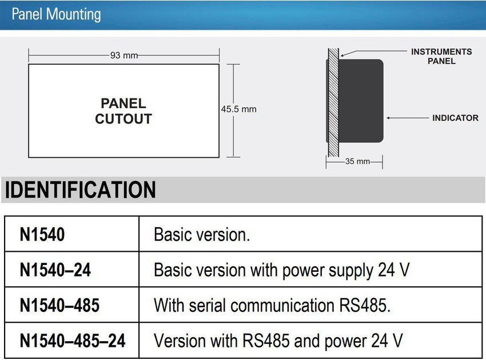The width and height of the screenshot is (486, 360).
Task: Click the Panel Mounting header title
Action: [x=56, y=14]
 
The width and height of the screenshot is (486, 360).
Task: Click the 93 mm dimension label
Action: [x=124, y=56]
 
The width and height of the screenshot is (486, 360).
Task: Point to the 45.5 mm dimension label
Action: [x=238, y=109]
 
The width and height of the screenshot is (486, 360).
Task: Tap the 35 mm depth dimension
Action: [x=358, y=161]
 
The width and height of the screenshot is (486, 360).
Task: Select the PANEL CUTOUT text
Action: [x=124, y=111]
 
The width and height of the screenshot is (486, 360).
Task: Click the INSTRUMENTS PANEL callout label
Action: [x=441, y=56]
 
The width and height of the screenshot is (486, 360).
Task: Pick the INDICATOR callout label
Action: [x=455, y=118]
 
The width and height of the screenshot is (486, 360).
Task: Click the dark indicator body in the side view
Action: [x=361, y=101]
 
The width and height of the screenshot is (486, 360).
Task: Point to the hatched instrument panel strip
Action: [x=333, y=102]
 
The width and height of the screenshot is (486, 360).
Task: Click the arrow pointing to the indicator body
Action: [x=408, y=118]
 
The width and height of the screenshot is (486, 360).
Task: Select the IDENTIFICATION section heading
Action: [x=80, y=189]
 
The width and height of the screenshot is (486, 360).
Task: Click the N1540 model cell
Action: [x=71, y=234]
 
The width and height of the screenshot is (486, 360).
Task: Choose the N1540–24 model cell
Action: [x=71, y=270]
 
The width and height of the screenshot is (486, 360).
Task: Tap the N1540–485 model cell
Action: [x=71, y=304]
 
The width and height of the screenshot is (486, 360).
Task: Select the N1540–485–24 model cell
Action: [x=71, y=341]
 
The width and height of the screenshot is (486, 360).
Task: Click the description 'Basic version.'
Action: [x=202, y=234]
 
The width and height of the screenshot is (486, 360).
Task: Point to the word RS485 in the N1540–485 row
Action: [x=363, y=305]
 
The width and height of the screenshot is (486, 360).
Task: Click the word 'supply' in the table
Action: [x=351, y=271]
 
